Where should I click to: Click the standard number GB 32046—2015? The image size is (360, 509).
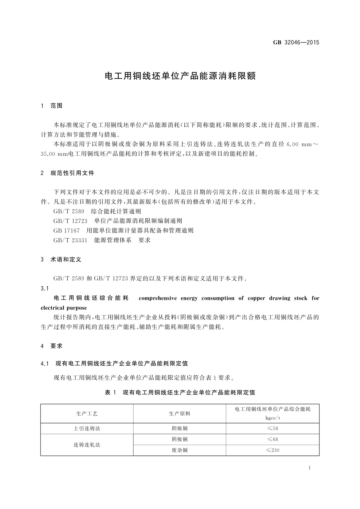coord(296,42)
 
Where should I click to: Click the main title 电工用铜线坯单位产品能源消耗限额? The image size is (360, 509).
coord(180,76)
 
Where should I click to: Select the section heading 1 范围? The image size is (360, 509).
coord(52,106)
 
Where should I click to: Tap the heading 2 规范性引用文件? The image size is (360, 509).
coord(67,173)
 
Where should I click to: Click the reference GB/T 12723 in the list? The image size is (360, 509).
coord(70,221)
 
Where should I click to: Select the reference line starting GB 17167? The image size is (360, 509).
coord(123,231)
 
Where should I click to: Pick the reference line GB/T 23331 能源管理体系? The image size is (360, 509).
coord(102,240)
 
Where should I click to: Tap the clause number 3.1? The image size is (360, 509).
coord(45,289)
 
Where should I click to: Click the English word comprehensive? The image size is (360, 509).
coord(157,298)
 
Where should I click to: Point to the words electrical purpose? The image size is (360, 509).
coord(64,308)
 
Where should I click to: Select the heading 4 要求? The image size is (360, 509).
coord(52,346)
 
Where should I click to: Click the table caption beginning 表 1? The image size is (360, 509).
coord(180,392)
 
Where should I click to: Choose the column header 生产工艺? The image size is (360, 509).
coord(87,414)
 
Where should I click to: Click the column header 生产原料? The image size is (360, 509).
coord(180,414)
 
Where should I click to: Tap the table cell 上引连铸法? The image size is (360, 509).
coord(87,429)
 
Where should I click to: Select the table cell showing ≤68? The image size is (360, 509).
coord(272,439)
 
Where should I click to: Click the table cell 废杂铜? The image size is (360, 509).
coord(180,450)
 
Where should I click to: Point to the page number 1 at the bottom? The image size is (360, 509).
coord(310,468)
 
